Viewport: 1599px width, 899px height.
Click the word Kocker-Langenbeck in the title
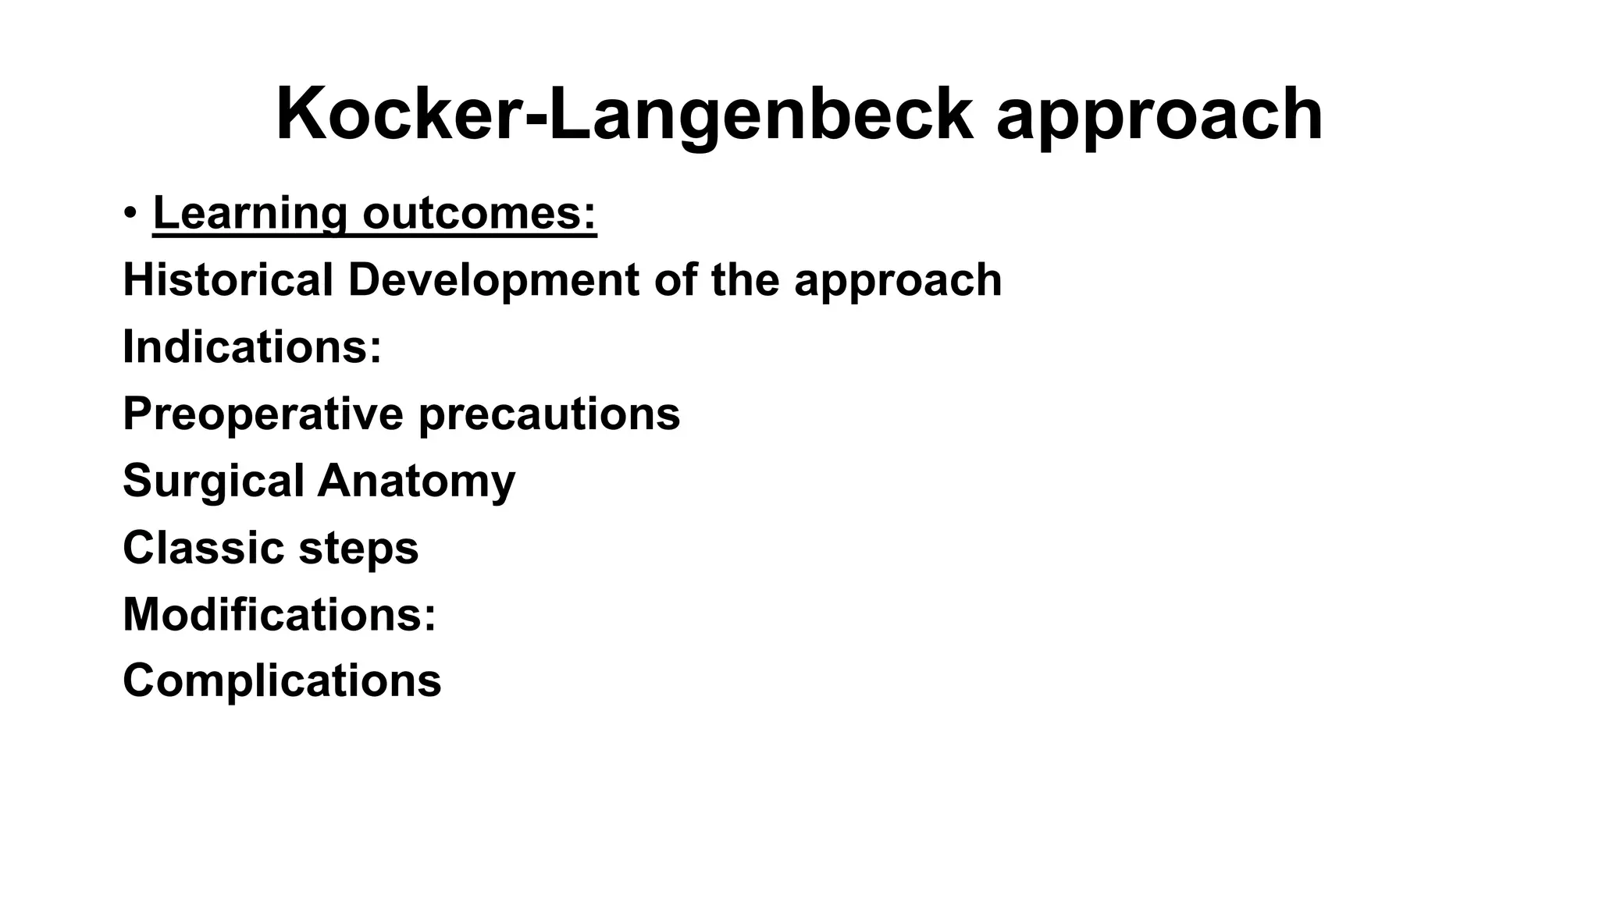click(625, 115)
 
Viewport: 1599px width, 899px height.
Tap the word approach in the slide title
click(1159, 117)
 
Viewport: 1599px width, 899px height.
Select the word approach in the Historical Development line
click(898, 281)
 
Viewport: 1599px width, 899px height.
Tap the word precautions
click(550, 415)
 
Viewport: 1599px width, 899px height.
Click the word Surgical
click(213, 481)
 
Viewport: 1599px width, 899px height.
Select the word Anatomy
click(416, 481)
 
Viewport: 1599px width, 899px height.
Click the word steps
click(358, 549)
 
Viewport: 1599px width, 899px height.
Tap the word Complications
click(282, 680)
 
